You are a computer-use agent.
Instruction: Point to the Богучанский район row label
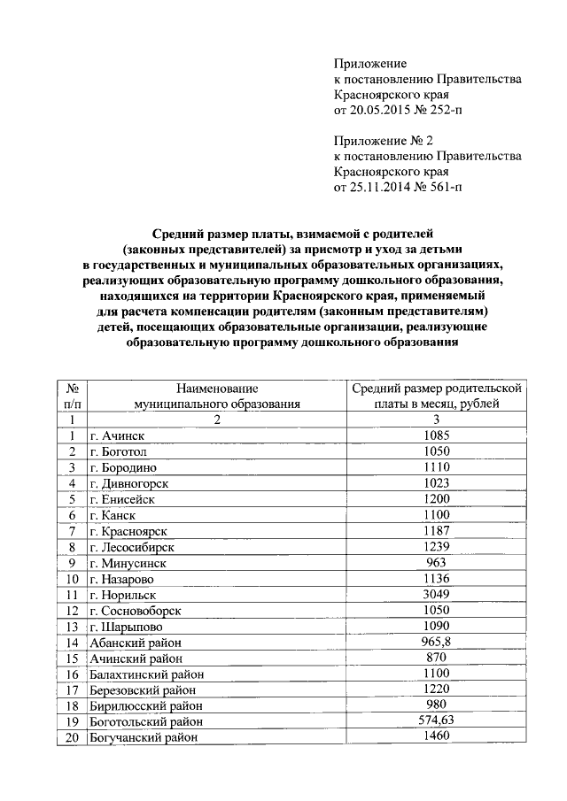click(143, 737)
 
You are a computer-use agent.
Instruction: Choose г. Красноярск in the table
click(128, 531)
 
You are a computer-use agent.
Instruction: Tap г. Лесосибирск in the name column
click(131, 547)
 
